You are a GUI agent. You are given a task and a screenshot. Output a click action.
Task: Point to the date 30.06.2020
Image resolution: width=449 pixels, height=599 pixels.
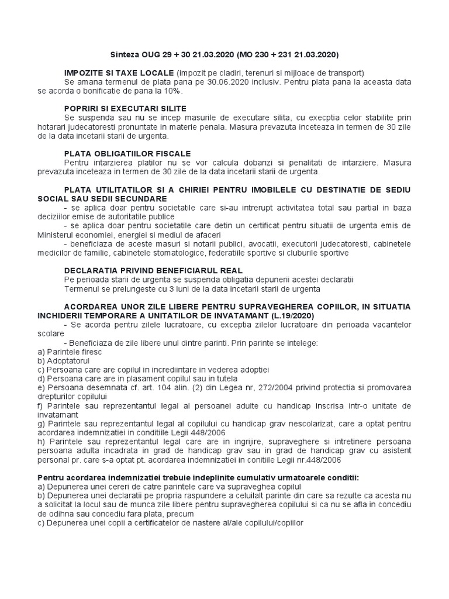pyautogui.click(x=207, y=82)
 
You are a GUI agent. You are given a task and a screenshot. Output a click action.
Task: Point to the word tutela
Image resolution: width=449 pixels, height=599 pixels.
pyautogui.click(x=198, y=378)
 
